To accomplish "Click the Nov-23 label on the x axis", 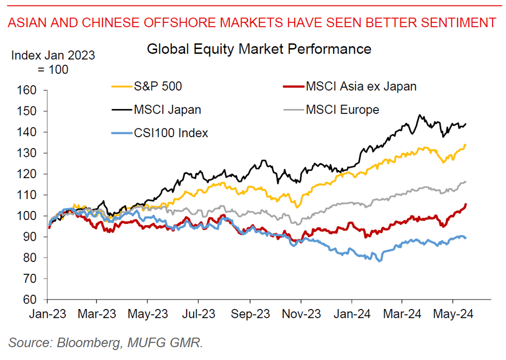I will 301,313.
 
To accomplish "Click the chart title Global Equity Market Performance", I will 259,50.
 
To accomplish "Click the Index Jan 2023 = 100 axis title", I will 53,62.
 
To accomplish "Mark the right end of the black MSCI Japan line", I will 466,124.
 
